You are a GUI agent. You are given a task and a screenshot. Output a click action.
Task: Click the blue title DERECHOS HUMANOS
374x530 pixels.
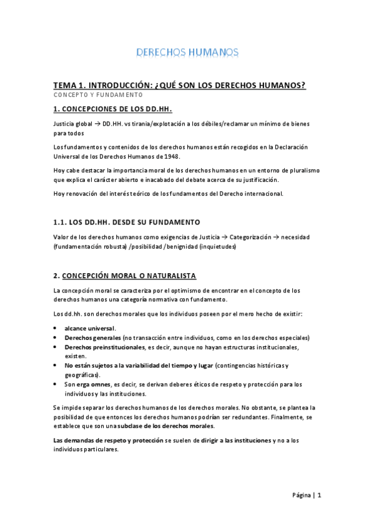click(187, 52)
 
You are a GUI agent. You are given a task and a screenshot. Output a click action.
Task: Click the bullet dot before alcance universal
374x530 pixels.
click(56, 328)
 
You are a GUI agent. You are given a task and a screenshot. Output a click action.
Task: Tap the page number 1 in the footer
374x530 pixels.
click(319, 496)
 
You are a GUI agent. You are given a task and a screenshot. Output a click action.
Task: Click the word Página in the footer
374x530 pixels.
click(302, 496)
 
